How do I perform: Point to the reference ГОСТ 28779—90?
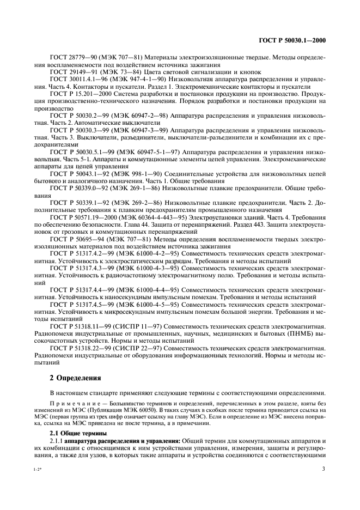[x=75, y=58]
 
